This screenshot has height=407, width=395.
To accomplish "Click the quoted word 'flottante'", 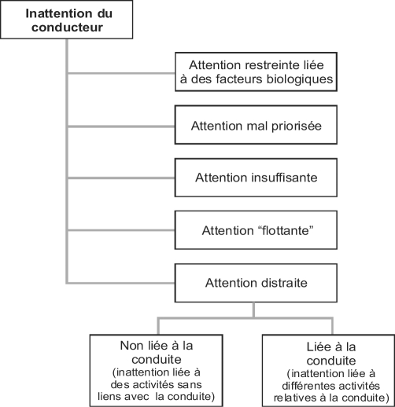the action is pyautogui.click(x=284, y=231).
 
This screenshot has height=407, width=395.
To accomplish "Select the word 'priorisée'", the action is pyautogui.click(x=297, y=126).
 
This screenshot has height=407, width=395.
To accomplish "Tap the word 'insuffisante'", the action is pyautogui.click(x=284, y=178).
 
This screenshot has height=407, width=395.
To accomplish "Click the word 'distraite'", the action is pyautogui.click(x=283, y=283).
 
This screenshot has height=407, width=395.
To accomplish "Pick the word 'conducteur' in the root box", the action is pyautogui.click(x=67, y=27).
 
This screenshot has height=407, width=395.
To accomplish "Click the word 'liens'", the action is pyautogui.click(x=109, y=397).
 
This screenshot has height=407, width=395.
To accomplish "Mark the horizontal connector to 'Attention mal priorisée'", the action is pyautogui.click(x=121, y=126).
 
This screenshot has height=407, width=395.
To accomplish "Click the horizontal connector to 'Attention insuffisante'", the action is pyautogui.click(x=121, y=178).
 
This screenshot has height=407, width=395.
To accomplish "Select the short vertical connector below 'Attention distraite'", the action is pyautogui.click(x=253, y=310).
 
